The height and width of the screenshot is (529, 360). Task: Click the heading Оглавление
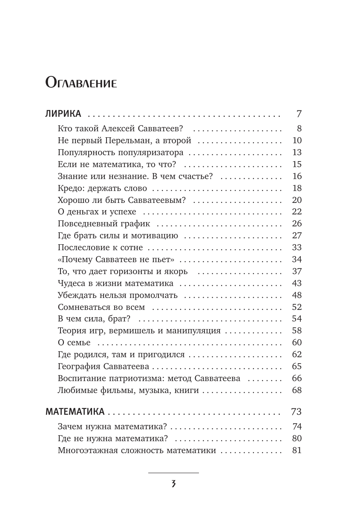point(81,82)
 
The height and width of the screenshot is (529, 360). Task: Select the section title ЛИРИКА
point(63,114)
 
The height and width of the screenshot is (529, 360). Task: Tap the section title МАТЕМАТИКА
point(75,412)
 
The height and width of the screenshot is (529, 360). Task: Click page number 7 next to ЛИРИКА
point(299,114)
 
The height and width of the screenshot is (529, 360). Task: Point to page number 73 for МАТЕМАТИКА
point(296,412)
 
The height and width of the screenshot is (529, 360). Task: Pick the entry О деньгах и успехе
point(97,212)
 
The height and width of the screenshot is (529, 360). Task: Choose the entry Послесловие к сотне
point(100,248)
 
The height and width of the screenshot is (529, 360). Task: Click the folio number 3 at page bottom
point(173,484)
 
